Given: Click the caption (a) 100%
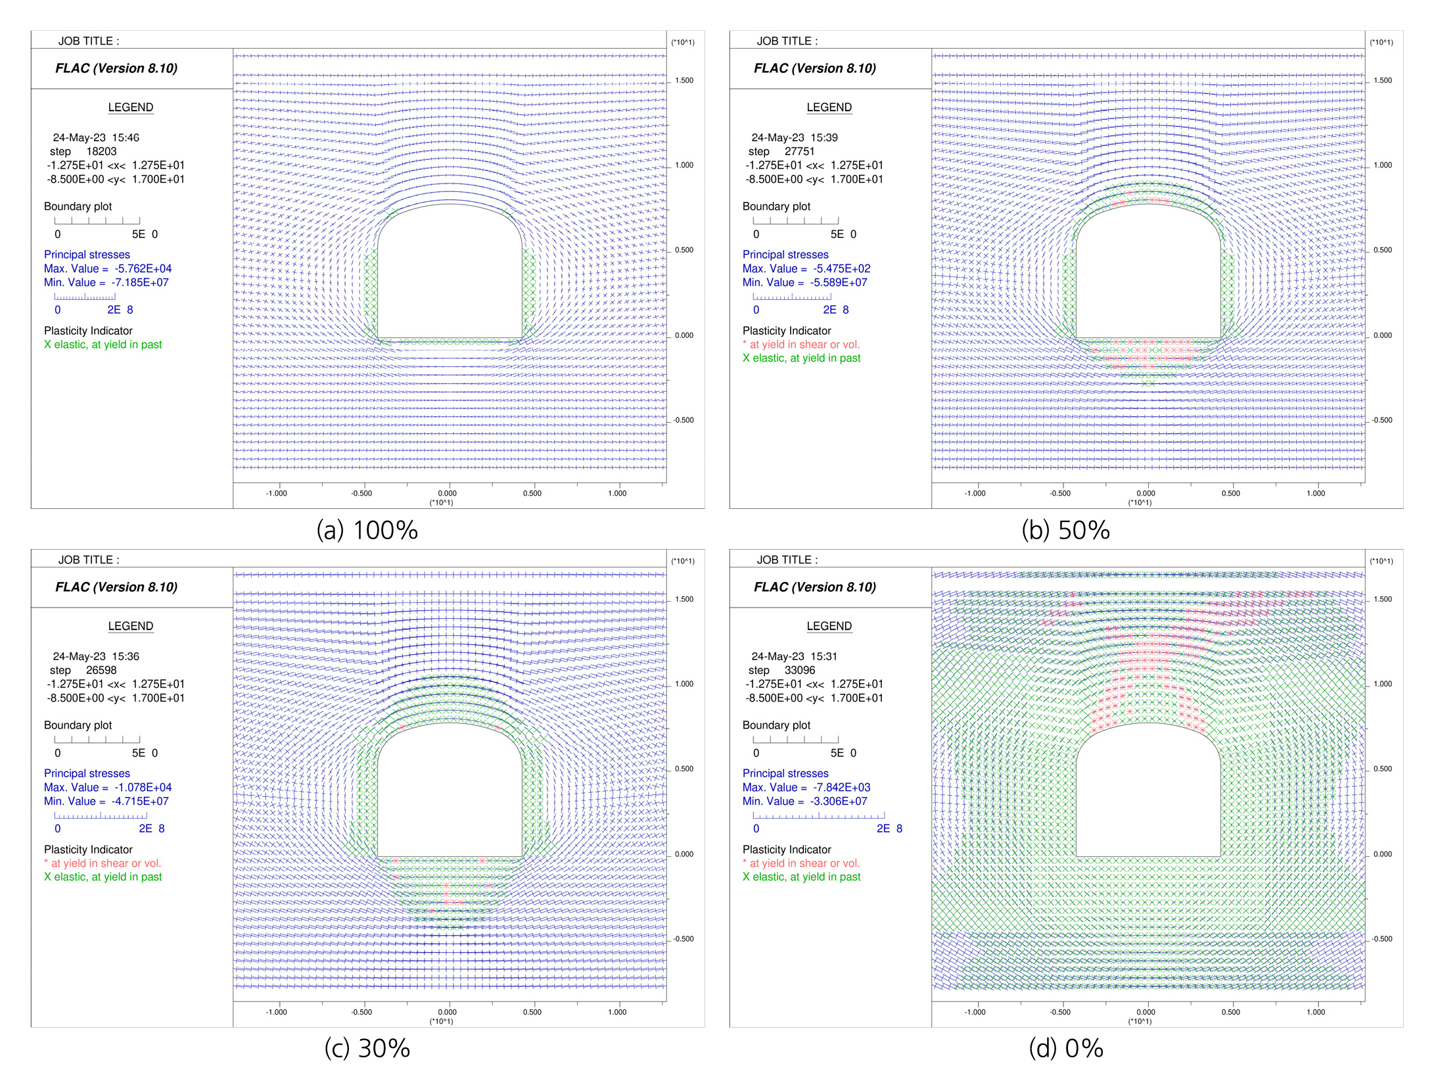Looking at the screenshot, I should click(367, 530).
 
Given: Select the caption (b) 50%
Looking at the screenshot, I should click(1065, 530).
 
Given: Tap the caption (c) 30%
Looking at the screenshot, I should click(367, 1049).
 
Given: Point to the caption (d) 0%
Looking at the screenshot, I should click(1065, 1049).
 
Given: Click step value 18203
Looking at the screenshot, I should click(101, 151).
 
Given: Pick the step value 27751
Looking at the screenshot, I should click(799, 151).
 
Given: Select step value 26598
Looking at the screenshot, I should click(101, 670).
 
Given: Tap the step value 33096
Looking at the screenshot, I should click(799, 670).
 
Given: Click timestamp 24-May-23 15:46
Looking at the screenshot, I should click(96, 137).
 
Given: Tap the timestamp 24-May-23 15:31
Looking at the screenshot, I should click(795, 656).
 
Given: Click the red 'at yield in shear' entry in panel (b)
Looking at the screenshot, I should click(801, 345).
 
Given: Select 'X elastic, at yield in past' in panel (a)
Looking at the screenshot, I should click(103, 345).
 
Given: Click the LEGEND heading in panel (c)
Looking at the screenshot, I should click(131, 626).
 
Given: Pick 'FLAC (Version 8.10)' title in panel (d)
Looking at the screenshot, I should click(815, 587).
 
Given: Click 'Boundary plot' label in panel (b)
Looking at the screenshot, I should click(776, 206).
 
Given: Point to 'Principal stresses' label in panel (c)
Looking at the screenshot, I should click(87, 773).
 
